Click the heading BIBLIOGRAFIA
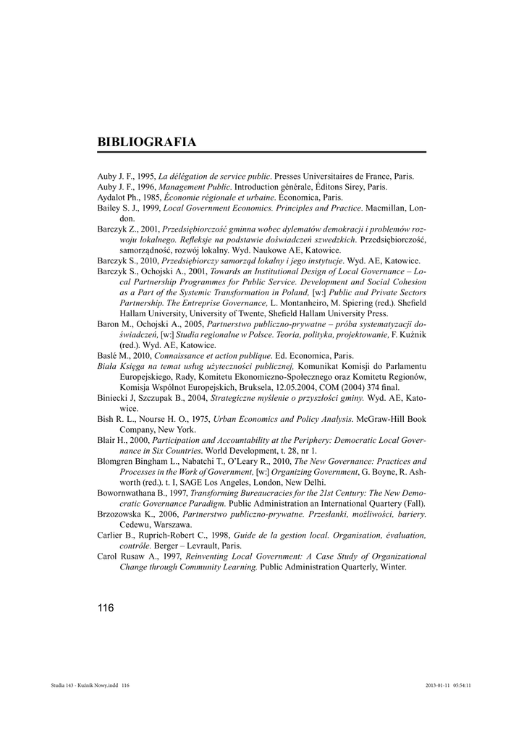coord(146,142)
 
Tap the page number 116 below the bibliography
coord(106,608)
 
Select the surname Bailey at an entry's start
coord(109,208)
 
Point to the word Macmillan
coord(386,208)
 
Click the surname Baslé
coord(109,355)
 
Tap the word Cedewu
coord(135,524)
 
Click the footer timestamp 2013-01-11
coord(438,685)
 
